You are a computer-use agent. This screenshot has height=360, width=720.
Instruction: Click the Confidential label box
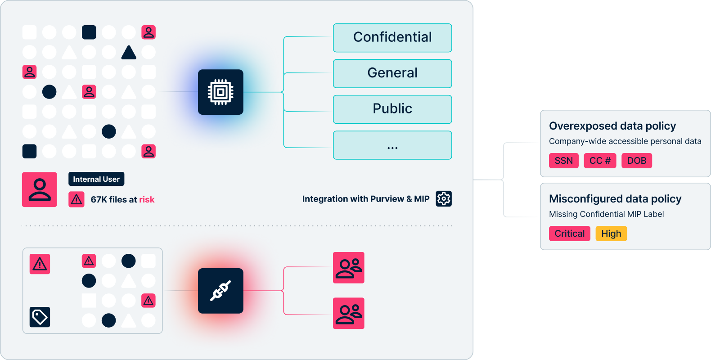[392, 38]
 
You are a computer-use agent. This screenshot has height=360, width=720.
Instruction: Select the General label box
[392, 73]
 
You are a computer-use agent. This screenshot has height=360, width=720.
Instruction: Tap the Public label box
[392, 109]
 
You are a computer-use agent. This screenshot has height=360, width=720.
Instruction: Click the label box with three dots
[392, 145]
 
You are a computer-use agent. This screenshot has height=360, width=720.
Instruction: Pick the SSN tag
[563, 161]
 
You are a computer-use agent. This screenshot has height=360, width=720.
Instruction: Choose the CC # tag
[600, 161]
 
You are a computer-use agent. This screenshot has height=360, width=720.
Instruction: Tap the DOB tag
[636, 161]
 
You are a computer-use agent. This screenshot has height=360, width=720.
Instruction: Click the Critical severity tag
[569, 234]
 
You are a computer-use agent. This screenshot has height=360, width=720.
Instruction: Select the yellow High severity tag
[611, 234]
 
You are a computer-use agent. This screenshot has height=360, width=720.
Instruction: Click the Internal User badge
[96, 179]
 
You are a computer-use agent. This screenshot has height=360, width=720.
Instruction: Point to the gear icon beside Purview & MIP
[444, 198]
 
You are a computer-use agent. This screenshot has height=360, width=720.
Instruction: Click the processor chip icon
[220, 92]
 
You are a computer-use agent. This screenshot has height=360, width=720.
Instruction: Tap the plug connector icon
[220, 291]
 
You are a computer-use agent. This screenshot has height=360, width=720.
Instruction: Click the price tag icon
[40, 317]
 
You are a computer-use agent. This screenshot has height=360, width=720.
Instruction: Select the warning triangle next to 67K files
[76, 199]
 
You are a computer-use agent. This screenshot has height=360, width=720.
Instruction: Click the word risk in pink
[147, 199]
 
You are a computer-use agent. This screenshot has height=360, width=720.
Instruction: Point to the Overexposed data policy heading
[612, 126]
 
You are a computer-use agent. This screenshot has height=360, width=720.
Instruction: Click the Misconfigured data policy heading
[615, 199]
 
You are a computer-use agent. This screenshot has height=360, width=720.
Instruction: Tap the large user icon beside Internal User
[40, 189]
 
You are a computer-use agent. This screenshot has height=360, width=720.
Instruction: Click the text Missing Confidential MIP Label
[606, 214]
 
